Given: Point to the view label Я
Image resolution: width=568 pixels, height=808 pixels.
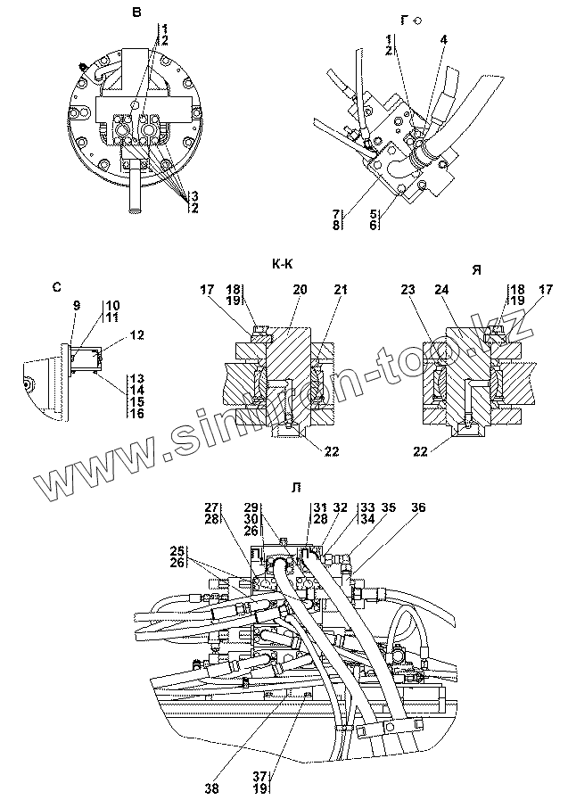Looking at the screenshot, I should tap(475, 270).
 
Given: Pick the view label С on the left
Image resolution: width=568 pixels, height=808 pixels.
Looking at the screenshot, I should tap(57, 286).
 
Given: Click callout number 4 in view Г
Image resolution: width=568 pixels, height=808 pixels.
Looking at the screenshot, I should tap(444, 40).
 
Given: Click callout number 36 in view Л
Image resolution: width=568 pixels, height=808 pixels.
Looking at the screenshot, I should tap(417, 507).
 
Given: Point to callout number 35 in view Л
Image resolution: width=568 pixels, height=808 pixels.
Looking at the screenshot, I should tap(388, 507).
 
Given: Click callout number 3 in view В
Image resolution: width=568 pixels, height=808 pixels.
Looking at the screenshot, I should tap(193, 195).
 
